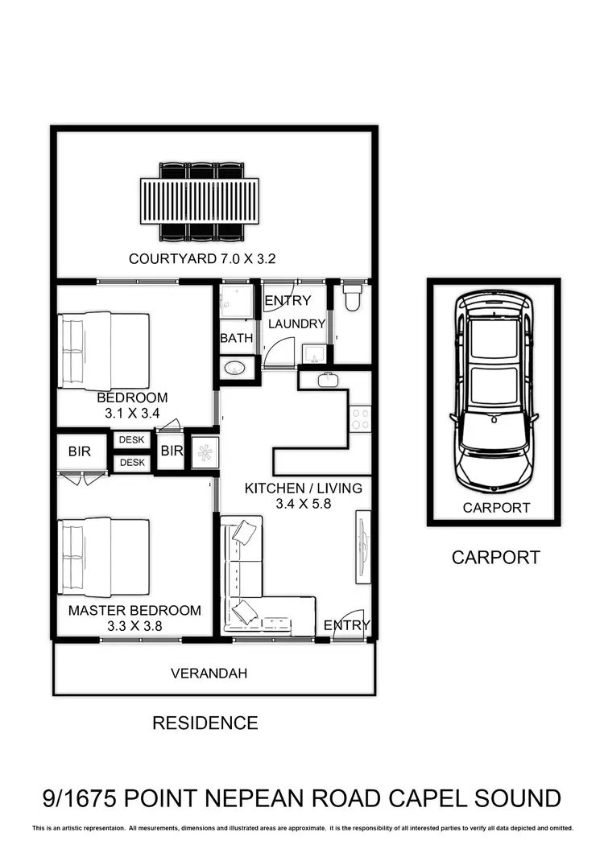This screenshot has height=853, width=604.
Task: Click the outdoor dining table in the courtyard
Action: tap(200, 202)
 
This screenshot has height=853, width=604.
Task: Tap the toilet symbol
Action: tap(351, 299)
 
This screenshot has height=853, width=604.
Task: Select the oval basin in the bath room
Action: tap(234, 369)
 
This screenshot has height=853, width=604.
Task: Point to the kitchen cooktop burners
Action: tap(361, 418)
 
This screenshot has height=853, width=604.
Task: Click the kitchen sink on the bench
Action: tap(328, 381)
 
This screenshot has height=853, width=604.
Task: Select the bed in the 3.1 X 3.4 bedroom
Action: tap(105, 352)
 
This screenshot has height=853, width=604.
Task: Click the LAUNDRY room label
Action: tap(296, 323)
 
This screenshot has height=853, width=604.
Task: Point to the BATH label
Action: tap(237, 338)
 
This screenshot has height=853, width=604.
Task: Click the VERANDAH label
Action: tap(209, 674)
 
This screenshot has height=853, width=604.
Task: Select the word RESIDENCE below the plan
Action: tap(205, 723)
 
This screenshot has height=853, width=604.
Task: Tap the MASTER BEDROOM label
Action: tap(134, 610)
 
